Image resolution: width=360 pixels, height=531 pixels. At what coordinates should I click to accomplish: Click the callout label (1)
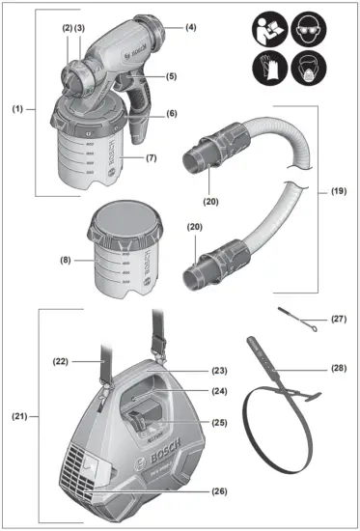pyautogui.click(x=18, y=109)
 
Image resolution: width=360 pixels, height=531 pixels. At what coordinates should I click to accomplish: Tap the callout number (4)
pyautogui.click(x=190, y=28)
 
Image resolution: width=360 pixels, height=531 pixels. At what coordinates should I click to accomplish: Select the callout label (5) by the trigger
pyautogui.click(x=171, y=76)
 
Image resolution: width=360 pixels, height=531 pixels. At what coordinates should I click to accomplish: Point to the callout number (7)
pyautogui.click(x=151, y=157)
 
